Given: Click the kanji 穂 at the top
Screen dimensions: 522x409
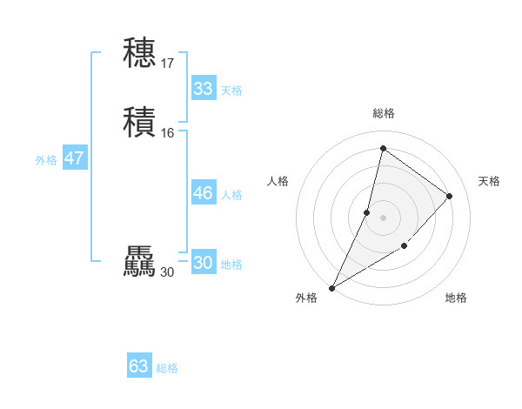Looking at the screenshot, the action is click(139, 52).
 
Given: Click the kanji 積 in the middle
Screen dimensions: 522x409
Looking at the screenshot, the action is click(139, 121).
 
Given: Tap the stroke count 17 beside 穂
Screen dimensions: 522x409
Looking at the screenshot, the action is click(168, 63).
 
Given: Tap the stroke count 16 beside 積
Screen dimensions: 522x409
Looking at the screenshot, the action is click(168, 132).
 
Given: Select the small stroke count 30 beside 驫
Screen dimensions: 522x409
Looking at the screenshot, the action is click(167, 272).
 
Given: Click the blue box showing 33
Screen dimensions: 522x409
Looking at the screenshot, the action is click(204, 89).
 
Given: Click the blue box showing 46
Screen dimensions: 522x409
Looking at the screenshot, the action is click(204, 193).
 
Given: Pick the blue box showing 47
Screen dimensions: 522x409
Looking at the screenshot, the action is click(74, 158).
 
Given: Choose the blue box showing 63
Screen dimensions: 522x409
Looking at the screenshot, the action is click(139, 366).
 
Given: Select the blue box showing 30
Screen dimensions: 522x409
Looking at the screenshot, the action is click(204, 263).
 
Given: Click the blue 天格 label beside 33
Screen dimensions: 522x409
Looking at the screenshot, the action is click(231, 91).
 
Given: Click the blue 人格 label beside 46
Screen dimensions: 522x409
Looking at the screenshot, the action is click(231, 195).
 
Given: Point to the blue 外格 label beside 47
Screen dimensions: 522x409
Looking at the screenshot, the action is click(46, 160).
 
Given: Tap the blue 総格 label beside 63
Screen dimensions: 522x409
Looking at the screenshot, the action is click(167, 368).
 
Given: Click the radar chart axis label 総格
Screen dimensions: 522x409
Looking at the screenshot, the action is click(384, 113).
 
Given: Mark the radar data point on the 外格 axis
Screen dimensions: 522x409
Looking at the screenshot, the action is click(332, 288).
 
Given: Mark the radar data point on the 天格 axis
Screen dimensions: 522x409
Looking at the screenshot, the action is click(450, 196).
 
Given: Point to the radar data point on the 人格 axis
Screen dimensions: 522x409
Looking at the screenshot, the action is click(367, 212).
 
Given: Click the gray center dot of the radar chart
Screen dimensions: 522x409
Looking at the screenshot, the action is click(384, 218).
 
